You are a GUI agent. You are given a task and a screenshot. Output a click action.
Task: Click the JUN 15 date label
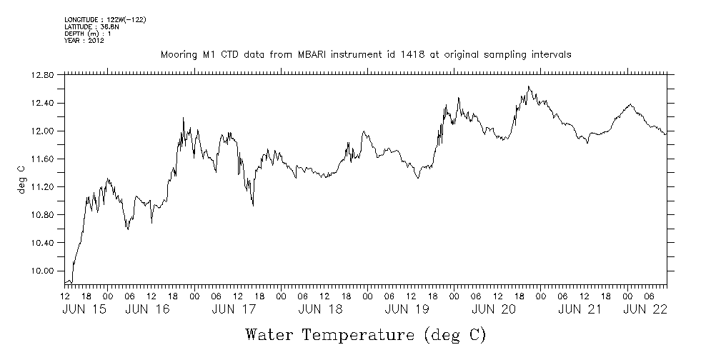85,309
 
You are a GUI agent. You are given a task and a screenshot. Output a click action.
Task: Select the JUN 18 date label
319,309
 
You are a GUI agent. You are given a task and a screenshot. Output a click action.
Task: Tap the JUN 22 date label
646,309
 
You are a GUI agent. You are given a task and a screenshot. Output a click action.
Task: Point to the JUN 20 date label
494,309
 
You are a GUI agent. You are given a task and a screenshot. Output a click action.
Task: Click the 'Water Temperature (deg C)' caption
365,334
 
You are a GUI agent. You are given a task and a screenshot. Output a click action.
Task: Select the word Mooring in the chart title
179,54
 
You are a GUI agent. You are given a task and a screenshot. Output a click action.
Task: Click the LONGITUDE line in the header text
105,19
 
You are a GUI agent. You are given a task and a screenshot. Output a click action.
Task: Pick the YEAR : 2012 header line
84,41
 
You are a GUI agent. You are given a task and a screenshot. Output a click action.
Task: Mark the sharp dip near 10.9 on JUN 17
253,206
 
